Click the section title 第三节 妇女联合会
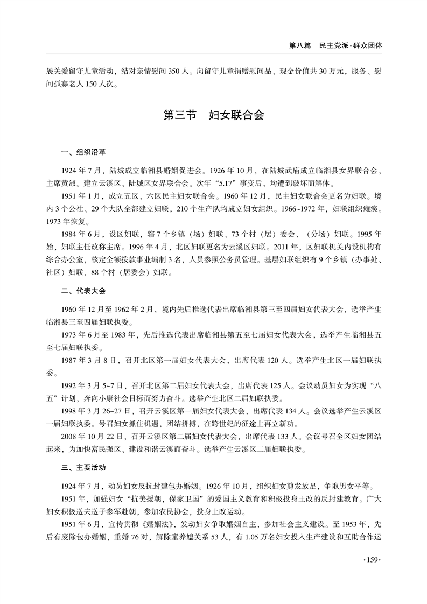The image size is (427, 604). pos(213,116)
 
